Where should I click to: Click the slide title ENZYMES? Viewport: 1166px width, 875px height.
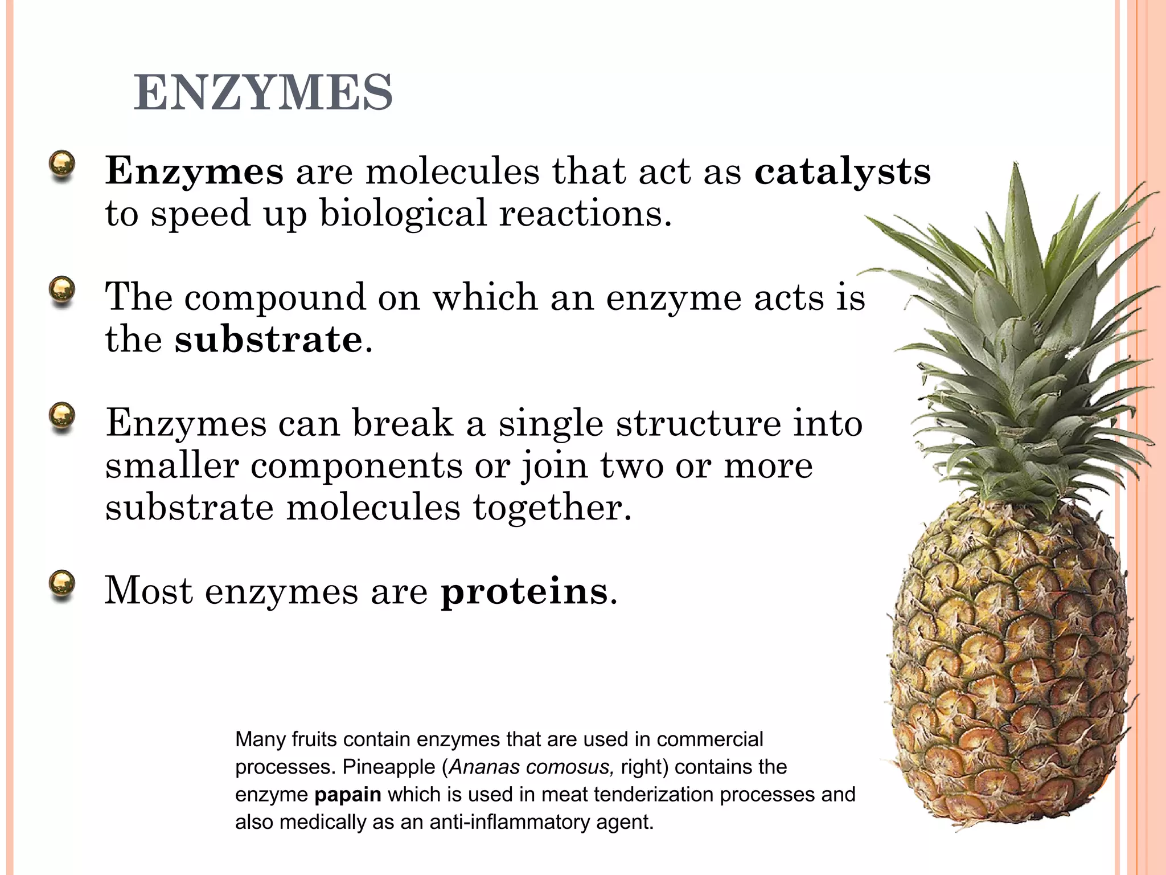[x=263, y=93]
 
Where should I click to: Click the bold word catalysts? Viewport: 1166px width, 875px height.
[x=843, y=171]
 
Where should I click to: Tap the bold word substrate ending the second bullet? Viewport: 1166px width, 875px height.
[x=268, y=340]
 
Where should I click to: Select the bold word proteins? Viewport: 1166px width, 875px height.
[x=524, y=591]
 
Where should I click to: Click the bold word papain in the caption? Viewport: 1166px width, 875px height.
[x=347, y=795]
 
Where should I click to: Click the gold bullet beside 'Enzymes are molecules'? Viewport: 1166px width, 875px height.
[x=62, y=165]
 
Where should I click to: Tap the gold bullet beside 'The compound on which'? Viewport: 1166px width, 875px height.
[x=62, y=291]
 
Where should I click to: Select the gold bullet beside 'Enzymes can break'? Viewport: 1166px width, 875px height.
[x=62, y=417]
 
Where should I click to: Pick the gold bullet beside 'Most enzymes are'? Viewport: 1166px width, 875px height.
[x=62, y=585]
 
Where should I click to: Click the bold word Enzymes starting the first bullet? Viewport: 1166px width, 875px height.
[x=194, y=171]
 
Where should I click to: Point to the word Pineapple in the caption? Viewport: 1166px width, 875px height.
[x=388, y=767]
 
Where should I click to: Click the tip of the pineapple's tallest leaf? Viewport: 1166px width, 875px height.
[x=1015, y=163]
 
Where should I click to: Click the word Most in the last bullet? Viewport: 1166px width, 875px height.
[x=149, y=591]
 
